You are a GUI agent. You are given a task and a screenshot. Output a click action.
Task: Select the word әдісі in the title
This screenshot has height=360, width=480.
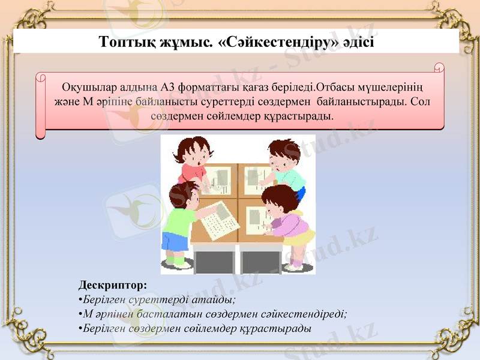(x=358, y=43)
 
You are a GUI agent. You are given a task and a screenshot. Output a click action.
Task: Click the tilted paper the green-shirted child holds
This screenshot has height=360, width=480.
(x=219, y=220)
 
